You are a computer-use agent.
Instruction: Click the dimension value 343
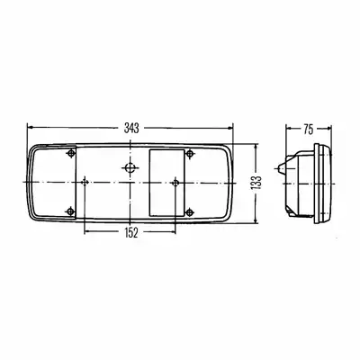131,129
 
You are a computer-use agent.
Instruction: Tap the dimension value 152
130,232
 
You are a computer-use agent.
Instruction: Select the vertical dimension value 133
257,184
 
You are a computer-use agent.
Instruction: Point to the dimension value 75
308,130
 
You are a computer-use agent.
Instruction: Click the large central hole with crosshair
130,167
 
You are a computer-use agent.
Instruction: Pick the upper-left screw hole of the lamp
71,154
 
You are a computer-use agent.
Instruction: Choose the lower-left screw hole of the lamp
70,211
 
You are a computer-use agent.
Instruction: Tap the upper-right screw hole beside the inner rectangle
189,154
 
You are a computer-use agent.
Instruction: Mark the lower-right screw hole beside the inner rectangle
189,212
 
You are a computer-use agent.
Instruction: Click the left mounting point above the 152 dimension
85,182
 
